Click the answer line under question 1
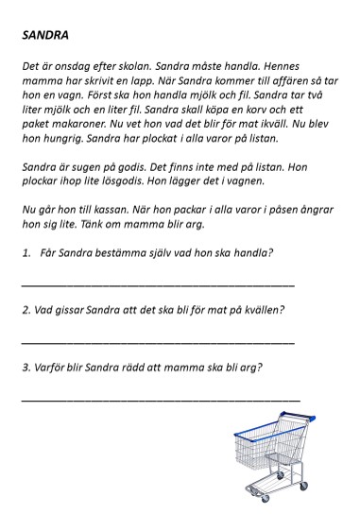pyautogui.click(x=156, y=283)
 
